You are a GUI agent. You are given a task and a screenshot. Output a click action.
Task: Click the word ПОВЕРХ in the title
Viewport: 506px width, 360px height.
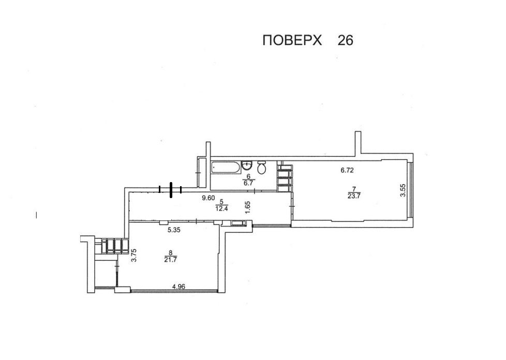[x=292, y=41]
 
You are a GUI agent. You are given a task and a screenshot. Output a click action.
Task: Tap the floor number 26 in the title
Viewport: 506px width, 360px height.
[x=345, y=41]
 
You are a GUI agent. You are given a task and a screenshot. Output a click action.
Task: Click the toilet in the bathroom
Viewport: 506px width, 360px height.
[x=262, y=167]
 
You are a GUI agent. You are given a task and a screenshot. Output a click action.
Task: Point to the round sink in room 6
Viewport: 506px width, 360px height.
[x=247, y=166]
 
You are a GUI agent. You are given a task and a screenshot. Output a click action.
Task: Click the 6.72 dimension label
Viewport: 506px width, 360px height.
[x=347, y=170]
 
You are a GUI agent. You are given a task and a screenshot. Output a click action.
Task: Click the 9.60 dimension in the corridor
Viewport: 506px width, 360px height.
[x=209, y=198]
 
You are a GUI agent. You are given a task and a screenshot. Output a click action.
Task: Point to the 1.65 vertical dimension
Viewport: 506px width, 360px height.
[x=248, y=207]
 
